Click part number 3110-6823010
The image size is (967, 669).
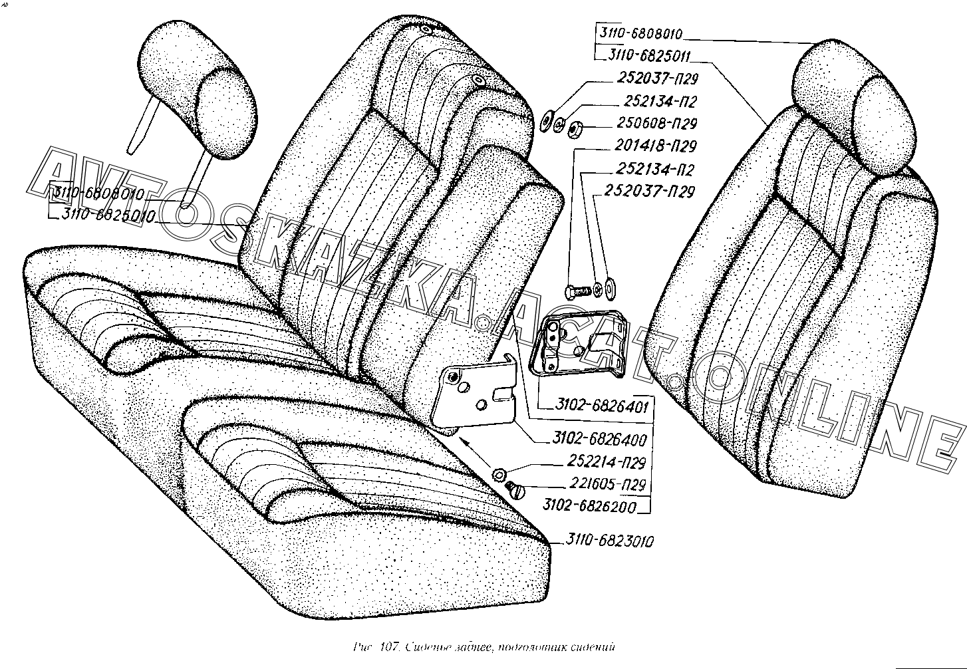(610, 541)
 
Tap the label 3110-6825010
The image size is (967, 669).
(106, 216)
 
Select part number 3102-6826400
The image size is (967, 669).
(599, 440)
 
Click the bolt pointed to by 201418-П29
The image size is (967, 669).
(576, 291)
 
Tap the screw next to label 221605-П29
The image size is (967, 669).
(515, 490)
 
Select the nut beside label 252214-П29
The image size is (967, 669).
(499, 473)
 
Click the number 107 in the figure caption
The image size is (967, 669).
(388, 646)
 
